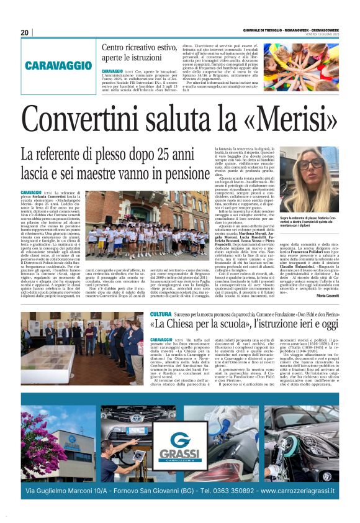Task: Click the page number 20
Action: pos(25,32)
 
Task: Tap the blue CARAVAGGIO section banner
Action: pos(58,65)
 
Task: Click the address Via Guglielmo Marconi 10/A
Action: pos(68,491)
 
